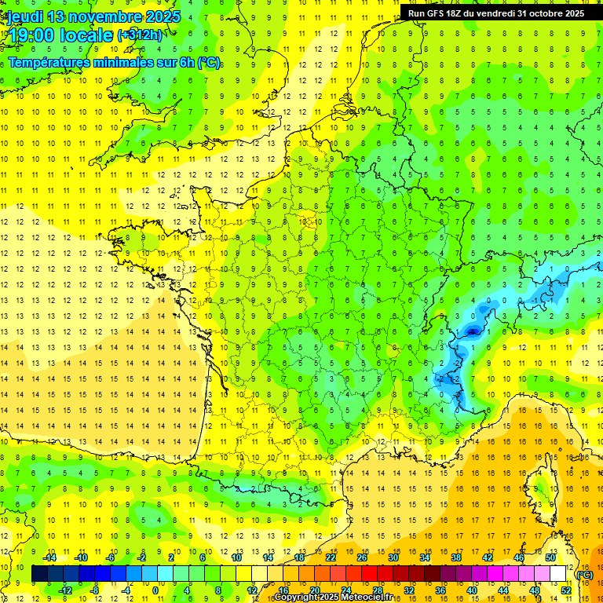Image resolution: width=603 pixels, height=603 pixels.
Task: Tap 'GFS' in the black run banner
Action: [x=438, y=13]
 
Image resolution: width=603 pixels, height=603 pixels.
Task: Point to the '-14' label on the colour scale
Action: [x=49, y=557]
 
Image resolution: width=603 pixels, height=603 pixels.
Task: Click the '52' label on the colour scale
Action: [x=566, y=590]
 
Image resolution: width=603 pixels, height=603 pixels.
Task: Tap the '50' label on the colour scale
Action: [x=550, y=557]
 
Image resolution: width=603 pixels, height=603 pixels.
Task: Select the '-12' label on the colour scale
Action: [x=65, y=590]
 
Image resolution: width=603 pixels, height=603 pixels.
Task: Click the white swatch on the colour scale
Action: [x=558, y=574]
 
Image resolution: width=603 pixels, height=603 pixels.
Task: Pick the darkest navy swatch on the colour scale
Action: [x=39, y=574]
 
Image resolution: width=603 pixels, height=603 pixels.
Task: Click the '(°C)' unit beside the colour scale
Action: [x=585, y=575]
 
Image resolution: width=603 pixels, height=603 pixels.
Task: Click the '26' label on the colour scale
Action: [x=362, y=557]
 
